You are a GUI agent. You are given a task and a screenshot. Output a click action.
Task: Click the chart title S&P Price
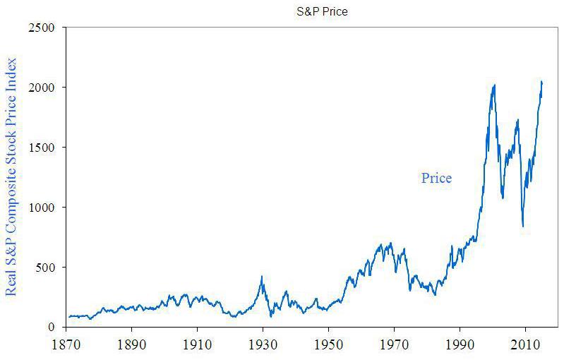(321, 12)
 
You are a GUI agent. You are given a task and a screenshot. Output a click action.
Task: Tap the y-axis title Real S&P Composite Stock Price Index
(11, 176)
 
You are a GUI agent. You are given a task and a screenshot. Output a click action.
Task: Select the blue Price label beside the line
(436, 178)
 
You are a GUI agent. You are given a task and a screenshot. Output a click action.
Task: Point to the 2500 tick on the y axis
(44, 28)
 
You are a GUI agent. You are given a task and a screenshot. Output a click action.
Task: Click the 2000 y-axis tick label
(44, 88)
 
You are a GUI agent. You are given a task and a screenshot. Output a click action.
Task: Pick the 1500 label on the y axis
(44, 148)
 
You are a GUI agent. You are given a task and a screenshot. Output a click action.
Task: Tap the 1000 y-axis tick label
(44, 208)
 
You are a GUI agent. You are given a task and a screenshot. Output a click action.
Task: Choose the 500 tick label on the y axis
(47, 268)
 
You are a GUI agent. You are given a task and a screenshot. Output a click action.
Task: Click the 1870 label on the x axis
(66, 347)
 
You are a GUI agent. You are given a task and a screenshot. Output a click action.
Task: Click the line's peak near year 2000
(494, 85)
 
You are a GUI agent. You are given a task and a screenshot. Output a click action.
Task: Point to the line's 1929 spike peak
(262, 277)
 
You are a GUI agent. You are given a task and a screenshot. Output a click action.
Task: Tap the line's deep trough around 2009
(523, 227)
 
